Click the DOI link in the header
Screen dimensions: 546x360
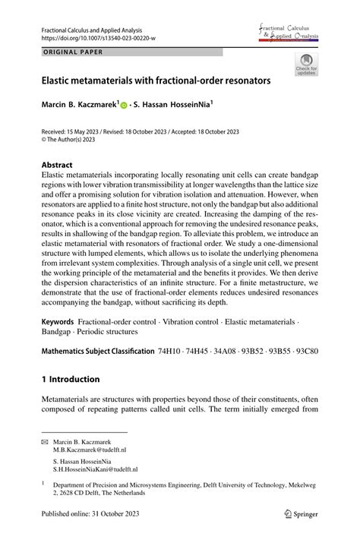[90, 38]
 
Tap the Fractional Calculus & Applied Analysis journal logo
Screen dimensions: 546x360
[289, 31]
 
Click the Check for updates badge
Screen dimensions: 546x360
[306, 65]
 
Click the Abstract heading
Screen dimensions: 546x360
[57, 165]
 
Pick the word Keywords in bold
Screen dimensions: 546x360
[58, 322]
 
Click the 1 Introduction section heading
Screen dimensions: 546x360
[70, 379]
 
